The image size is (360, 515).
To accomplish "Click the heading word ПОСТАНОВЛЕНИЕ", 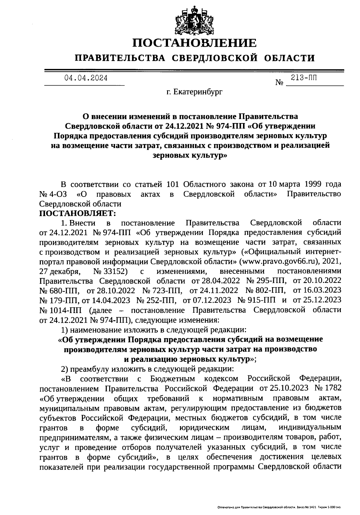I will pyautogui.click(x=195, y=43).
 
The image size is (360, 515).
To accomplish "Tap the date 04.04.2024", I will pyautogui.click(x=86, y=78).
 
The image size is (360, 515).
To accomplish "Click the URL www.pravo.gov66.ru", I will pyautogui.click(x=282, y=261).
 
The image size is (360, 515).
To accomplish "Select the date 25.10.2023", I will pyautogui.click(x=289, y=388).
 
